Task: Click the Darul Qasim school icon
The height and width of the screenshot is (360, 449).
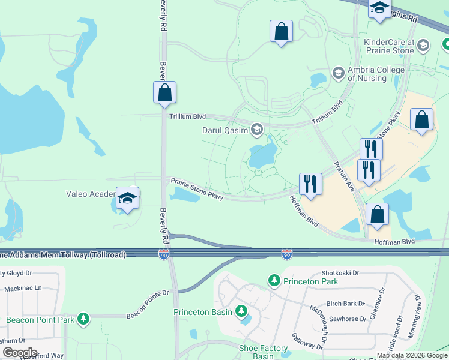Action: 257,130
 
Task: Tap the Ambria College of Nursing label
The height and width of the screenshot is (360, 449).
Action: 376,74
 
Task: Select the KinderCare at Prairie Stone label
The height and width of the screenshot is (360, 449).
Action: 389,46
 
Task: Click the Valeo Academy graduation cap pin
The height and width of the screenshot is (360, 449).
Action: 127,197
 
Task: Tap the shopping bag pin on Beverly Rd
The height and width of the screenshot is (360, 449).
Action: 164,93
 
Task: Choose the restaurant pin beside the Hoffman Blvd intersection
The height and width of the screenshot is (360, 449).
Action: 310,184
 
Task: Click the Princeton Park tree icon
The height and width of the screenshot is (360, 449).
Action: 274,280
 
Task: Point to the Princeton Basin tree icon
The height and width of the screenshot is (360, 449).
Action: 241,311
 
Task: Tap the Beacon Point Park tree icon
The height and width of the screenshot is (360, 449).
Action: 84,319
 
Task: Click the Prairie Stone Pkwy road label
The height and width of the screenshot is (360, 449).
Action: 197,189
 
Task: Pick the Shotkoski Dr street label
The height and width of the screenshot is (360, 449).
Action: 340,272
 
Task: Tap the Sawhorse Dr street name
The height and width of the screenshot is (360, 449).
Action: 347,319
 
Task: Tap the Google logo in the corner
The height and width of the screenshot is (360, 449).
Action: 20,353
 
